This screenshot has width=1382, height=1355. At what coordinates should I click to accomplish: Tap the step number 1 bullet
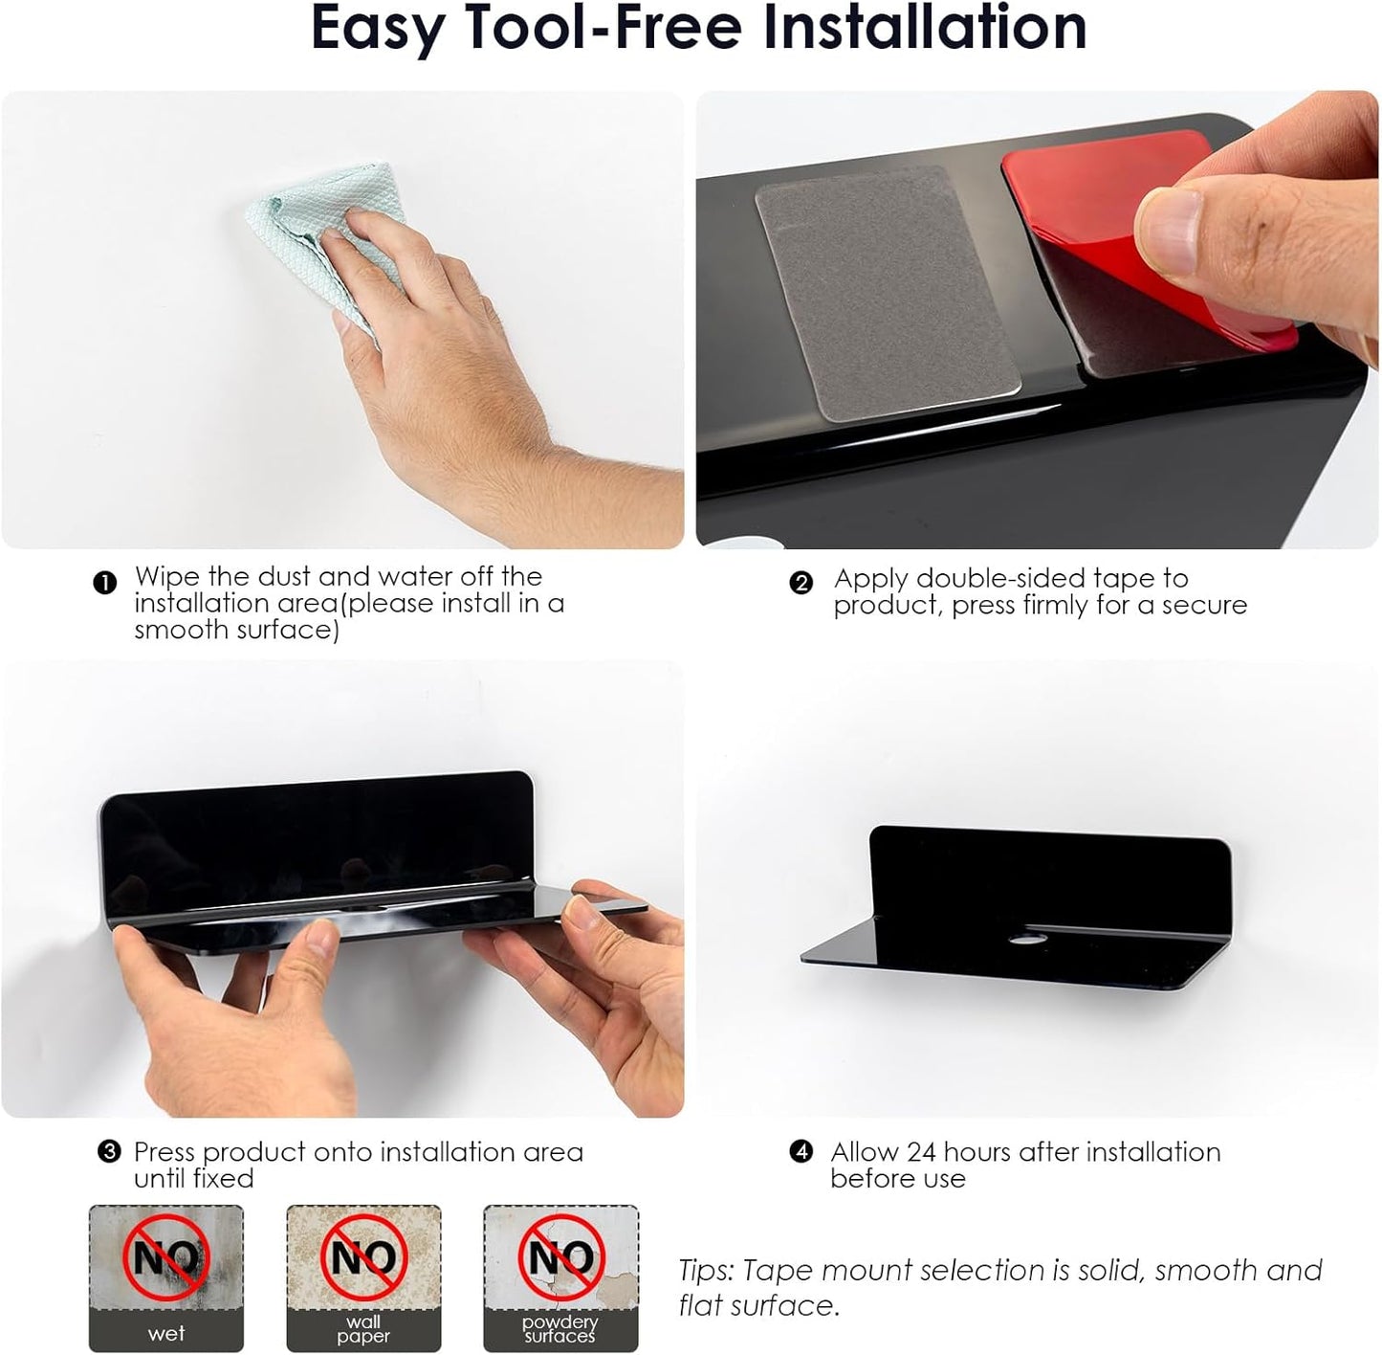tap(104, 583)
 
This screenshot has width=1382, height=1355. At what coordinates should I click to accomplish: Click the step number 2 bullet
tap(801, 583)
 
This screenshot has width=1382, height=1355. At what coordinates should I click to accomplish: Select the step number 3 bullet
tap(108, 1152)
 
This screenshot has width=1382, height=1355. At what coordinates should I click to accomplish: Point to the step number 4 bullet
tap(801, 1152)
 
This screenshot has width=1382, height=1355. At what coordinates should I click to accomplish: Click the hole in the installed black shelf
tap(1026, 939)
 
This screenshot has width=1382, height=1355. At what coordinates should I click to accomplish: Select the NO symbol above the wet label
tap(167, 1256)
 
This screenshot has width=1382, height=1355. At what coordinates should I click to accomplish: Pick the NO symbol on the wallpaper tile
tap(363, 1256)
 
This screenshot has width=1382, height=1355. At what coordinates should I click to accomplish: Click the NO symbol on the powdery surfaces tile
tap(561, 1256)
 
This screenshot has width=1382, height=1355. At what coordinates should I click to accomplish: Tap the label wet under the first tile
tap(166, 1334)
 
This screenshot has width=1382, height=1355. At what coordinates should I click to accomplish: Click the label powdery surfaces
tap(560, 1328)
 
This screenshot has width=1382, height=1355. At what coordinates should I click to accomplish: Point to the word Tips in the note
tap(707, 1271)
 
